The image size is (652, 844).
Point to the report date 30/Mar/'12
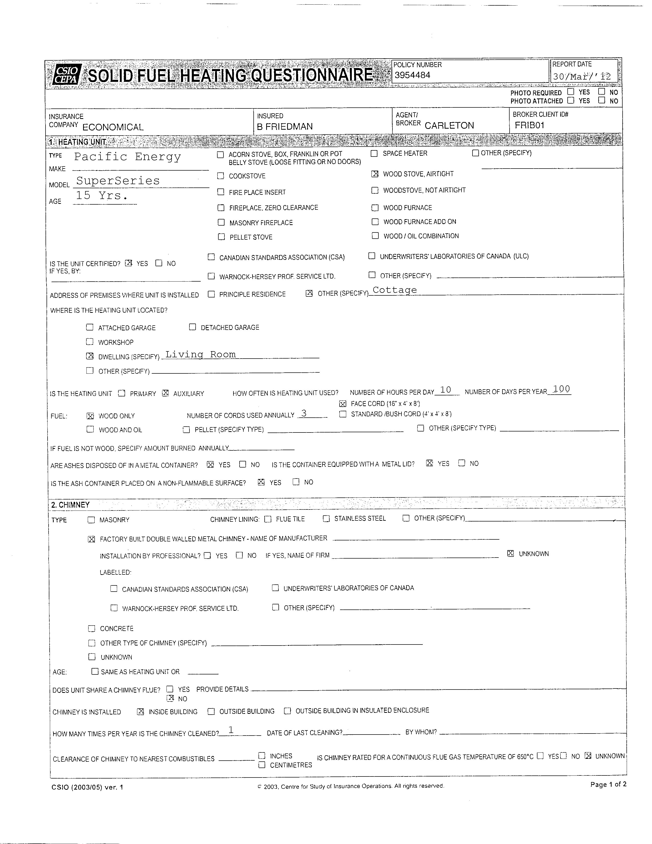[x=581, y=76]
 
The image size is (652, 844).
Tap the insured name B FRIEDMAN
[x=285, y=126]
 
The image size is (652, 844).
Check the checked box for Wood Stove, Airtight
[x=375, y=174]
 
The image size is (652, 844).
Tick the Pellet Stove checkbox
[x=221, y=237]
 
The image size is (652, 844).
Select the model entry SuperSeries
[x=118, y=181]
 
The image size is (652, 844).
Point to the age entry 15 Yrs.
[x=101, y=196]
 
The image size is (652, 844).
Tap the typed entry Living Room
[x=200, y=354]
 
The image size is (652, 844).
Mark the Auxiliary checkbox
[x=165, y=393]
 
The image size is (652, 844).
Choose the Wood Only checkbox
[x=90, y=416]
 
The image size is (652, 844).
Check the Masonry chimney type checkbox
[x=91, y=520]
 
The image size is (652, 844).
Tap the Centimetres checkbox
[x=262, y=765]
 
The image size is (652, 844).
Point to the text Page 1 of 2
[x=608, y=784]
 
